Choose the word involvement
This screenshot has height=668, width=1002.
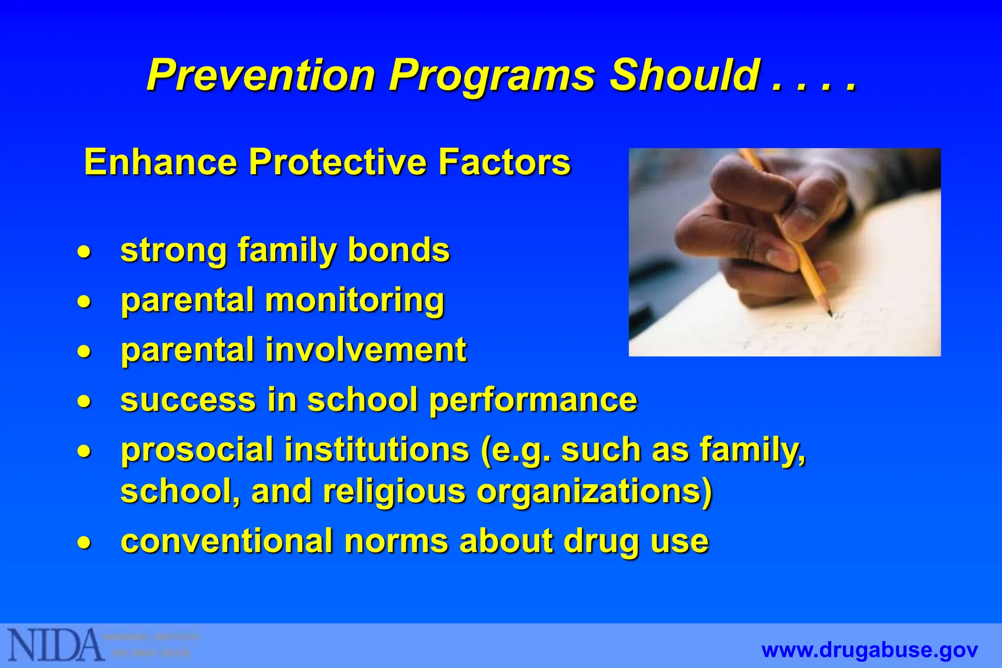(x=366, y=350)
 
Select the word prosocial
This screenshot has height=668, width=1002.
(x=197, y=450)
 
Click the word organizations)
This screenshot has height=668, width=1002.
(x=594, y=492)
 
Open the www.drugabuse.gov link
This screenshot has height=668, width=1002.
(x=869, y=650)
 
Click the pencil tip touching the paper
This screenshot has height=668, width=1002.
(x=830, y=313)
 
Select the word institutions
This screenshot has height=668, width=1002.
(x=377, y=450)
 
